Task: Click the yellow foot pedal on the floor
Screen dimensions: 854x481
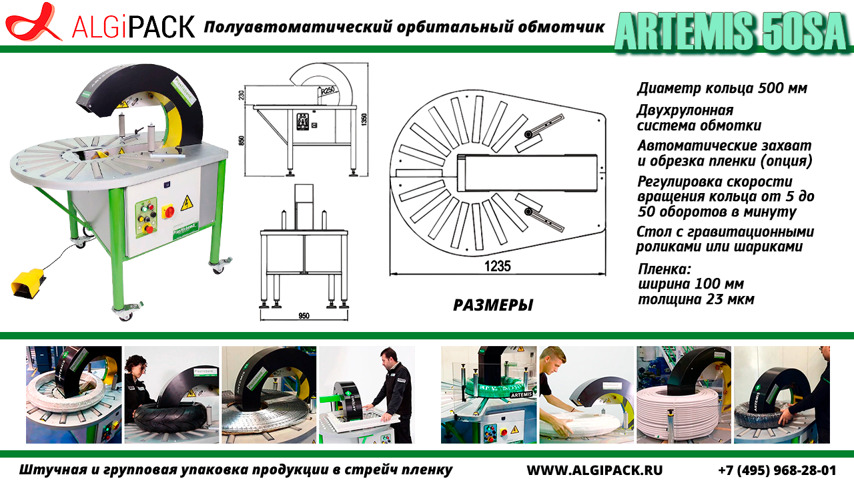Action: pos(28,282)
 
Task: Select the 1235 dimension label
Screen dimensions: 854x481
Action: pos(498,266)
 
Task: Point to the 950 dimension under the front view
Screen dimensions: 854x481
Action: pos(304,316)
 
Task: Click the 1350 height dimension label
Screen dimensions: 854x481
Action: pos(364,120)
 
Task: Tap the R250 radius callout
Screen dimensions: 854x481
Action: pos(328,91)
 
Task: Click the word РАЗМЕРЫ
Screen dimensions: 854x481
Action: pos(493,305)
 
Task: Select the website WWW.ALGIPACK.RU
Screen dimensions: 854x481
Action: pos(594,470)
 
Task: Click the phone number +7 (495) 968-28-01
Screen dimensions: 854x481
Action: pos(777,470)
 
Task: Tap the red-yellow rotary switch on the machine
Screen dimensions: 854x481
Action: pos(168,210)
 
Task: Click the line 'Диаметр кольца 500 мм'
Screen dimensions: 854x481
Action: pos(722,88)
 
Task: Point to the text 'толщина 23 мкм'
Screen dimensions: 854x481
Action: pos(696,299)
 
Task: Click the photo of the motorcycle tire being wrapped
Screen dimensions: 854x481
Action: pos(172,395)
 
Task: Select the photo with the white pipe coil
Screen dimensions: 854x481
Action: pos(684,395)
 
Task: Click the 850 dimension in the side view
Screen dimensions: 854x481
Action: pos(241,140)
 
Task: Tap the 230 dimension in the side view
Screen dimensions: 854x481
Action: pos(241,94)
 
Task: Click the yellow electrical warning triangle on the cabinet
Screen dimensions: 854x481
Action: pos(187,203)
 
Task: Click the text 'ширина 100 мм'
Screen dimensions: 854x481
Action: pos(691,284)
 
